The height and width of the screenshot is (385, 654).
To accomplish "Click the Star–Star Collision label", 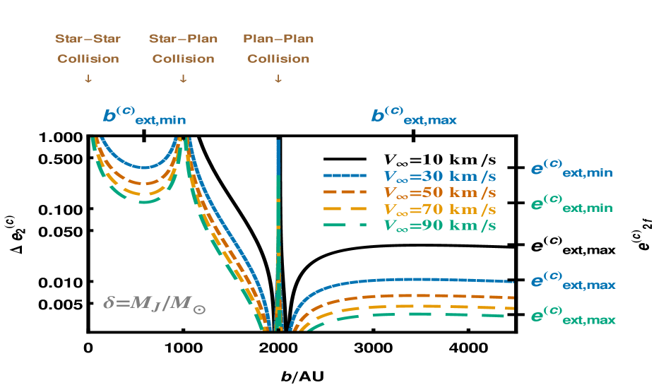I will (88, 49).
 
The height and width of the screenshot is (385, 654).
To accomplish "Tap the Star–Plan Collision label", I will (183, 49).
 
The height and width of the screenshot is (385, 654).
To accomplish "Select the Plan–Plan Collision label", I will (278, 49).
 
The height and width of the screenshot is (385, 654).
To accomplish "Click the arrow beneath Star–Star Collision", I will (88, 79).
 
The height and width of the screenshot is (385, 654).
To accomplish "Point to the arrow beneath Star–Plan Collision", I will (183, 79).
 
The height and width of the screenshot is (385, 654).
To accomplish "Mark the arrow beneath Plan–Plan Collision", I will (278, 79).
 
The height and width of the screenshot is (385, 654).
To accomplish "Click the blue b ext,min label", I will (145, 116).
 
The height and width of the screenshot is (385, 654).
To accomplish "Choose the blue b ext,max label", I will (414, 116).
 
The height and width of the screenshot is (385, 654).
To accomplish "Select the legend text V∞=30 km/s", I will (439, 175).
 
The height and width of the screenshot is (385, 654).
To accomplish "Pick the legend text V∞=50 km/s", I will (439, 192).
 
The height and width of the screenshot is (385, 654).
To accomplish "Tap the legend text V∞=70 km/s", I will (439, 209).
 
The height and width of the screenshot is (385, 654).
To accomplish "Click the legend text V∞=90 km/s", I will (439, 226).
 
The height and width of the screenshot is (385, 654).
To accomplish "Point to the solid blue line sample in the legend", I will (345, 175).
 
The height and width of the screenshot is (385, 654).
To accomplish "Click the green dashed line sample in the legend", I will (345, 226).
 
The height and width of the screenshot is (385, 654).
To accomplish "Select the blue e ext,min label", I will (571, 170).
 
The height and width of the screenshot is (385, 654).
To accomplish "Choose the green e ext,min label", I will (571, 205).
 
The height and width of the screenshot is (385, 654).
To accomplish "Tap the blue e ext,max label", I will (573, 281).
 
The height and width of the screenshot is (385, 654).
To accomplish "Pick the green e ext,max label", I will (573, 316).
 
